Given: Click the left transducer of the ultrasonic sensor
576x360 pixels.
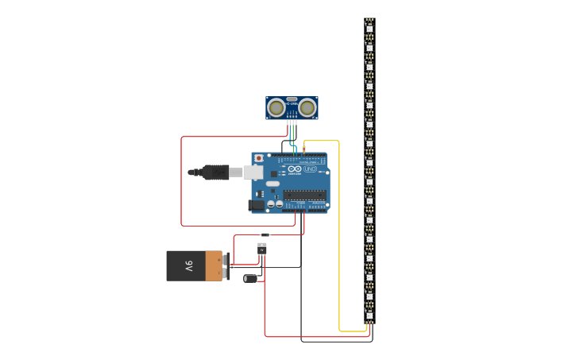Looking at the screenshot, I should click(x=276, y=107).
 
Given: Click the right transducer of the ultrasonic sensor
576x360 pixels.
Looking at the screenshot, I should click(x=307, y=107).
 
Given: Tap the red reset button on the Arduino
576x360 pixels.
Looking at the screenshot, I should click(x=258, y=158).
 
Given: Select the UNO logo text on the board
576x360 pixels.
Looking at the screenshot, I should click(x=310, y=169).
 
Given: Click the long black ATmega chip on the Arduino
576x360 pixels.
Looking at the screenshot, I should click(x=304, y=195).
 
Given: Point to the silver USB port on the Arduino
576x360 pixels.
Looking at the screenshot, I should click(x=253, y=172).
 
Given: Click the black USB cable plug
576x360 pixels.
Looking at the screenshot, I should click(x=215, y=172).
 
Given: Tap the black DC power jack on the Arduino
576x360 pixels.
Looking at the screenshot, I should click(x=256, y=205).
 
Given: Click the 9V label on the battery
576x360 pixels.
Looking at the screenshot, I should click(x=189, y=265).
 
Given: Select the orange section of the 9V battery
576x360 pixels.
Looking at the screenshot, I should click(x=214, y=265).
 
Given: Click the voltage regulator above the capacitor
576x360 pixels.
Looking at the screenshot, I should click(x=262, y=248).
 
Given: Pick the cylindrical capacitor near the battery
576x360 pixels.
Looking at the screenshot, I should click(x=250, y=278).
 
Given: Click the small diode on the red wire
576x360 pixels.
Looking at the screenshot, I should click(x=265, y=234).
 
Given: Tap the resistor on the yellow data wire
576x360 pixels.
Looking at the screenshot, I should click(x=303, y=149).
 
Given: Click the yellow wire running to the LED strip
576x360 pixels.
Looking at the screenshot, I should click(x=339, y=238).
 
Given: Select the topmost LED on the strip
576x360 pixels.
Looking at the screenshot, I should click(x=369, y=28).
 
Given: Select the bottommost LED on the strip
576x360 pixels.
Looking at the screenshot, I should click(x=369, y=315).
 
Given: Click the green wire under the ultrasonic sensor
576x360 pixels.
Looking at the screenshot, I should click(x=294, y=127).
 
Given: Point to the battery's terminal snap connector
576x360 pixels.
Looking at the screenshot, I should click(x=226, y=266).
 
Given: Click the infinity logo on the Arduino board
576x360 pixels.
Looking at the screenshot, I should click(x=295, y=169).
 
